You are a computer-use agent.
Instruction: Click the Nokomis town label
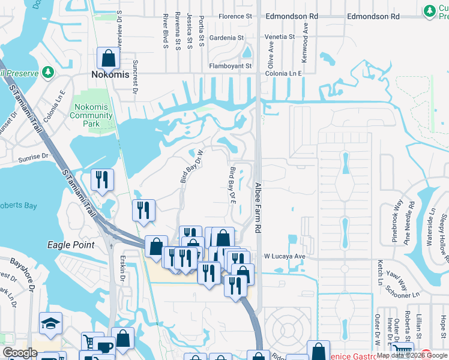coord(110,75)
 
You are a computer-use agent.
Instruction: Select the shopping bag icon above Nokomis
coord(109,59)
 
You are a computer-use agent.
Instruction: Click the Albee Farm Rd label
coord(258,208)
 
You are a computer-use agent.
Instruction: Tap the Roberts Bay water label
coord(18,206)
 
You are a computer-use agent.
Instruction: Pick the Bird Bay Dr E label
coord(233,185)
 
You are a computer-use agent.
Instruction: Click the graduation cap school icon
coord(50,324)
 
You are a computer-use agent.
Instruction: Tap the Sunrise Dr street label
coord(34,156)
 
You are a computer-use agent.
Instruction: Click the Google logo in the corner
coord(20,353)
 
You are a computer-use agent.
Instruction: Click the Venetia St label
coord(280,37)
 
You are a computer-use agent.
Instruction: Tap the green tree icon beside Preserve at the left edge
coord(48,73)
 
